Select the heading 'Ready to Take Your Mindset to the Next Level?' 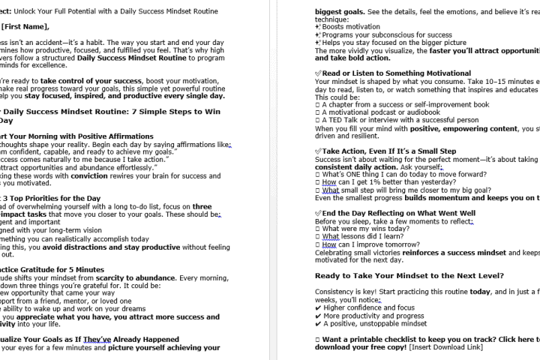click(x=409, y=275)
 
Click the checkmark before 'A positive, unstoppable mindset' click(x=318, y=323)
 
